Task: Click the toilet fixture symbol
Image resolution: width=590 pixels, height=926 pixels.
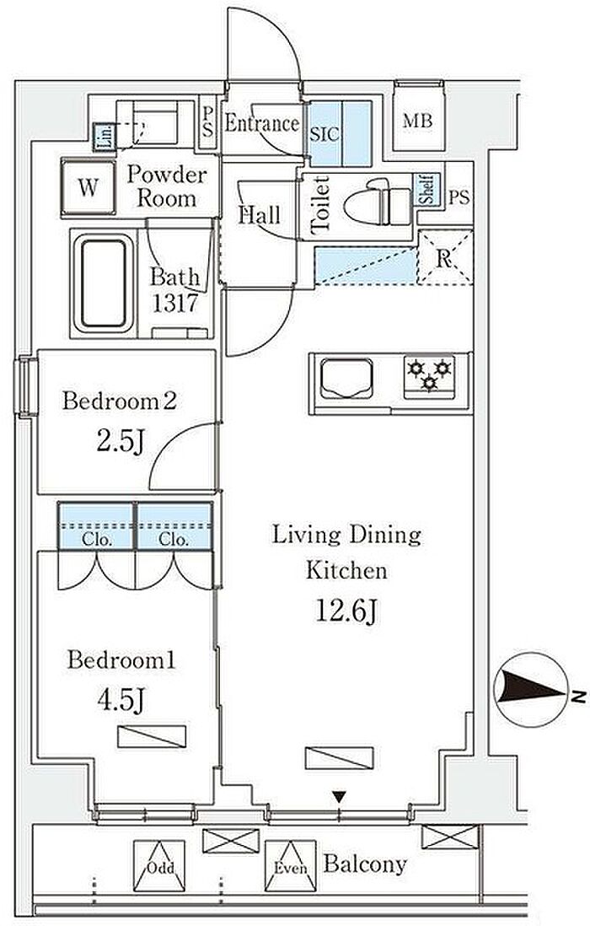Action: pyautogui.click(x=378, y=202)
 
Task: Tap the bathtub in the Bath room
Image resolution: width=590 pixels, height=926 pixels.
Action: pyautogui.click(x=103, y=283)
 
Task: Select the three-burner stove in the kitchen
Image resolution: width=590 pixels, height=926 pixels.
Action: pyautogui.click(x=430, y=375)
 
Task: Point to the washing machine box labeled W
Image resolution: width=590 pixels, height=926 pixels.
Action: pyautogui.click(x=88, y=187)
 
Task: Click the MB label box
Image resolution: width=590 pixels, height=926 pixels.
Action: pyautogui.click(x=418, y=121)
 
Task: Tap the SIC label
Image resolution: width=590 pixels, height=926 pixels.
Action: pyautogui.click(x=324, y=134)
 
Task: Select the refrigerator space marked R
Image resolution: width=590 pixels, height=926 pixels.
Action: pyautogui.click(x=445, y=258)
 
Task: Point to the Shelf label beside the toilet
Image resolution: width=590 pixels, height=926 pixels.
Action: pyautogui.click(x=428, y=190)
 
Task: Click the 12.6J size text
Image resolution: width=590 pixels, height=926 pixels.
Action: pyautogui.click(x=346, y=611)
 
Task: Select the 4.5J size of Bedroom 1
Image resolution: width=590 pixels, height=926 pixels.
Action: pyautogui.click(x=121, y=701)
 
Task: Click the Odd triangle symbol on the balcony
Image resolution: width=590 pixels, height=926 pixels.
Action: pyautogui.click(x=159, y=866)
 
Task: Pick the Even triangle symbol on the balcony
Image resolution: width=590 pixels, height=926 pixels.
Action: pyautogui.click(x=290, y=866)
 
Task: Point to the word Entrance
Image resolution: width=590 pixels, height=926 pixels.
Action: pyautogui.click(x=262, y=123)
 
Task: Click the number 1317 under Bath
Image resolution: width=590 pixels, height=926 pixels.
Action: pyautogui.click(x=174, y=303)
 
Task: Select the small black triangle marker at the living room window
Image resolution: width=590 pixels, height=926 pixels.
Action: pyautogui.click(x=338, y=797)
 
